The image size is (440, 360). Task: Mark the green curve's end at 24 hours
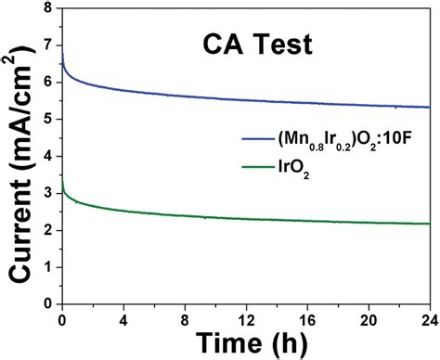click(x=430, y=223)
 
